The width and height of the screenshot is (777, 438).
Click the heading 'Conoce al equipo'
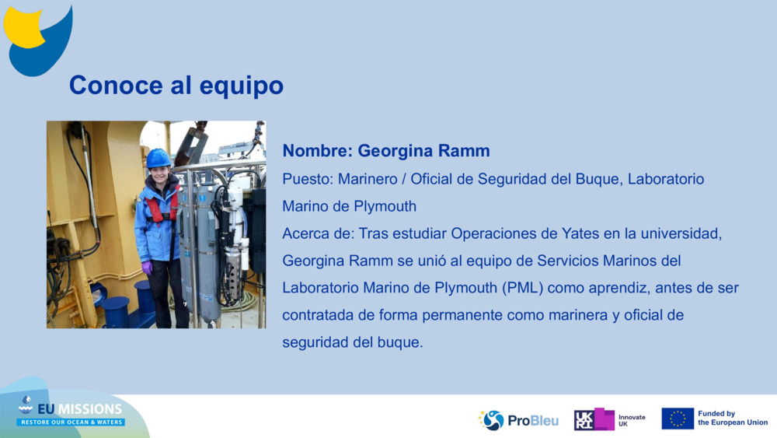point(176,86)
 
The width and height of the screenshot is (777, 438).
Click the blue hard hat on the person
point(159,158)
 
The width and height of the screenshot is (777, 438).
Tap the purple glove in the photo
point(147,267)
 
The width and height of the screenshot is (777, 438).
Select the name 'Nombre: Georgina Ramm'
point(386,150)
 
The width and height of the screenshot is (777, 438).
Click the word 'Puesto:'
point(308,179)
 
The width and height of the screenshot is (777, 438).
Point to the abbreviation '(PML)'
point(522,288)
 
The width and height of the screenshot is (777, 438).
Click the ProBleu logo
point(518,420)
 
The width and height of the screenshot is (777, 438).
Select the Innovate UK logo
point(609,420)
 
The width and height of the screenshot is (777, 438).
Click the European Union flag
point(677,419)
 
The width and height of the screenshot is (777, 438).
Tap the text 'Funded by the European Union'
point(732,419)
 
